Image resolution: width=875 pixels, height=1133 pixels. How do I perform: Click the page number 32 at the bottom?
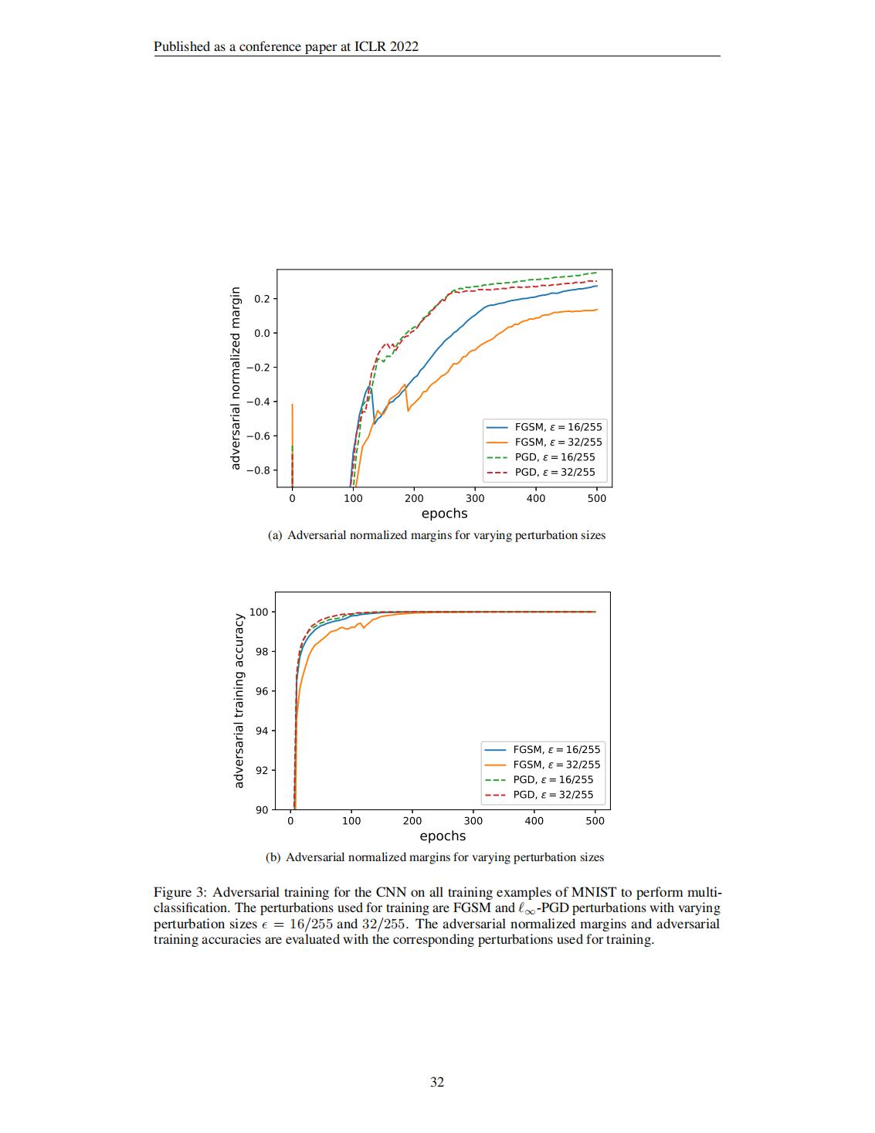(437, 1082)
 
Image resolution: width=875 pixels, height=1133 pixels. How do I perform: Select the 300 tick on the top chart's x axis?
(475, 499)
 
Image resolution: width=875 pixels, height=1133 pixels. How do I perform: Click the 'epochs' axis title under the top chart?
(444, 514)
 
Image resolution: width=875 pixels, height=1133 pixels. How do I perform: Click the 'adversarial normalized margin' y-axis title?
(236, 378)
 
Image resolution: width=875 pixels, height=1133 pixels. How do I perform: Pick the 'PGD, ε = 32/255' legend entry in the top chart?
(555, 472)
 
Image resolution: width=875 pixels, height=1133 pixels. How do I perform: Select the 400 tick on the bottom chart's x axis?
(534, 821)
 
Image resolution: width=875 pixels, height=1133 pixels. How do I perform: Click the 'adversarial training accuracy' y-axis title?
(239, 700)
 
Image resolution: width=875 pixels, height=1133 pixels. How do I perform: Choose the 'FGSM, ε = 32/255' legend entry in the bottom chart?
(556, 765)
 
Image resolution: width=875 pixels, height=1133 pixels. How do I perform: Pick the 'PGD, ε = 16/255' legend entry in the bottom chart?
(553, 779)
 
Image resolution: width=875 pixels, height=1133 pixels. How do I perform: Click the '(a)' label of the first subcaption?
(275, 535)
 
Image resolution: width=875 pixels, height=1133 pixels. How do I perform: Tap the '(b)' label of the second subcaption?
(273, 857)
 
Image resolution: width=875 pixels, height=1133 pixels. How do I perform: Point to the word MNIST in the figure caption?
(593, 892)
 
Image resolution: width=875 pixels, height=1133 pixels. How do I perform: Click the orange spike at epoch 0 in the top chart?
(292, 433)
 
